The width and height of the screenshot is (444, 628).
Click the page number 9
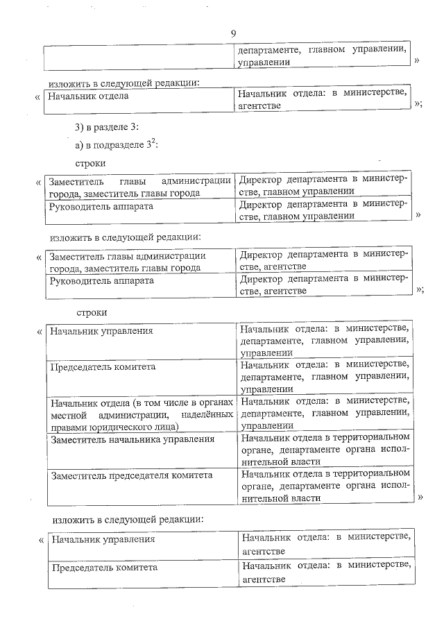coord(233,34)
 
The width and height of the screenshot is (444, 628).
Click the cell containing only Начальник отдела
coord(138,101)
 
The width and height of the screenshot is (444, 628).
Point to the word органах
coord(216,401)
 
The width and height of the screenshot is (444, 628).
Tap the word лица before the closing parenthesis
coord(165,426)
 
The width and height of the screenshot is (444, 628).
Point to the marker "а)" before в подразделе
coord(80,145)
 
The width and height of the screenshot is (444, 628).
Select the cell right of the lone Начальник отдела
coord(321,101)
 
